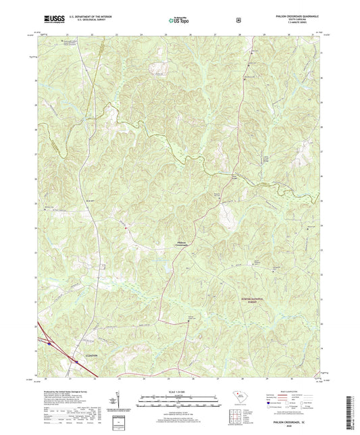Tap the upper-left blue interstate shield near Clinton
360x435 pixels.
click(49, 342)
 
